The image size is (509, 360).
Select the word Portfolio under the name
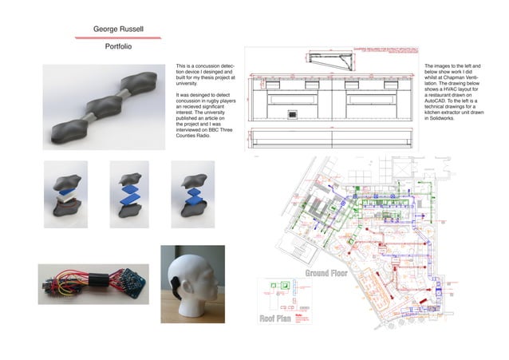tap(118, 47)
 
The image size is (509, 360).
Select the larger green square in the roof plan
tap(281, 284)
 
